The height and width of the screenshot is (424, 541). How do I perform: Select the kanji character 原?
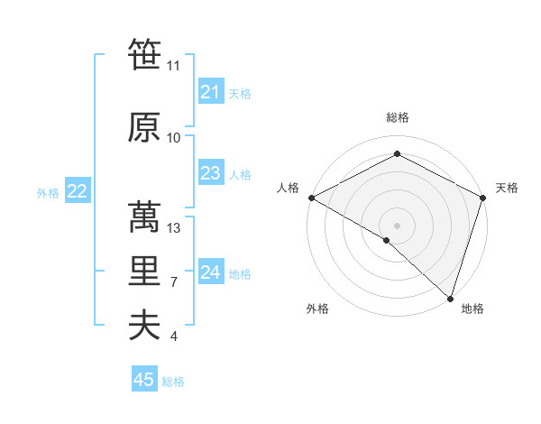(x=144, y=127)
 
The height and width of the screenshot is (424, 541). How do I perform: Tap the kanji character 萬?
(x=144, y=217)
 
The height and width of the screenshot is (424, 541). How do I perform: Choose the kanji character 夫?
(x=144, y=325)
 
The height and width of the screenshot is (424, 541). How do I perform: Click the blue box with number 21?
(x=210, y=92)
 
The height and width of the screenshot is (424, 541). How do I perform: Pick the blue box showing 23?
(x=210, y=173)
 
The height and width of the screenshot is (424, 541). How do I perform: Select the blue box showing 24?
(x=210, y=272)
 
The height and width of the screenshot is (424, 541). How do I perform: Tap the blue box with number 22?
(x=77, y=191)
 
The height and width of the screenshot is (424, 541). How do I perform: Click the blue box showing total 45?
(x=144, y=380)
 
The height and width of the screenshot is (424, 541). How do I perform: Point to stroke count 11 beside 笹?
(x=173, y=65)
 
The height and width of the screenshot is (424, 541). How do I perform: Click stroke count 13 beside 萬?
(x=174, y=228)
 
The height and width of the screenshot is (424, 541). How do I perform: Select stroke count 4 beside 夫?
(x=173, y=336)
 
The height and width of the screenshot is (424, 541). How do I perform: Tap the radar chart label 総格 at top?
(x=397, y=117)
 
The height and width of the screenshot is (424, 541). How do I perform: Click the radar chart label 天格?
(x=507, y=188)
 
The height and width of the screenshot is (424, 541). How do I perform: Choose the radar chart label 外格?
(x=317, y=309)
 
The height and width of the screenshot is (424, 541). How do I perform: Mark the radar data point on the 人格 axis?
(x=311, y=198)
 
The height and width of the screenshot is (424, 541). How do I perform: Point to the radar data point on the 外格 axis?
(x=387, y=240)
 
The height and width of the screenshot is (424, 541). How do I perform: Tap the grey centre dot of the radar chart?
(x=397, y=225)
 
